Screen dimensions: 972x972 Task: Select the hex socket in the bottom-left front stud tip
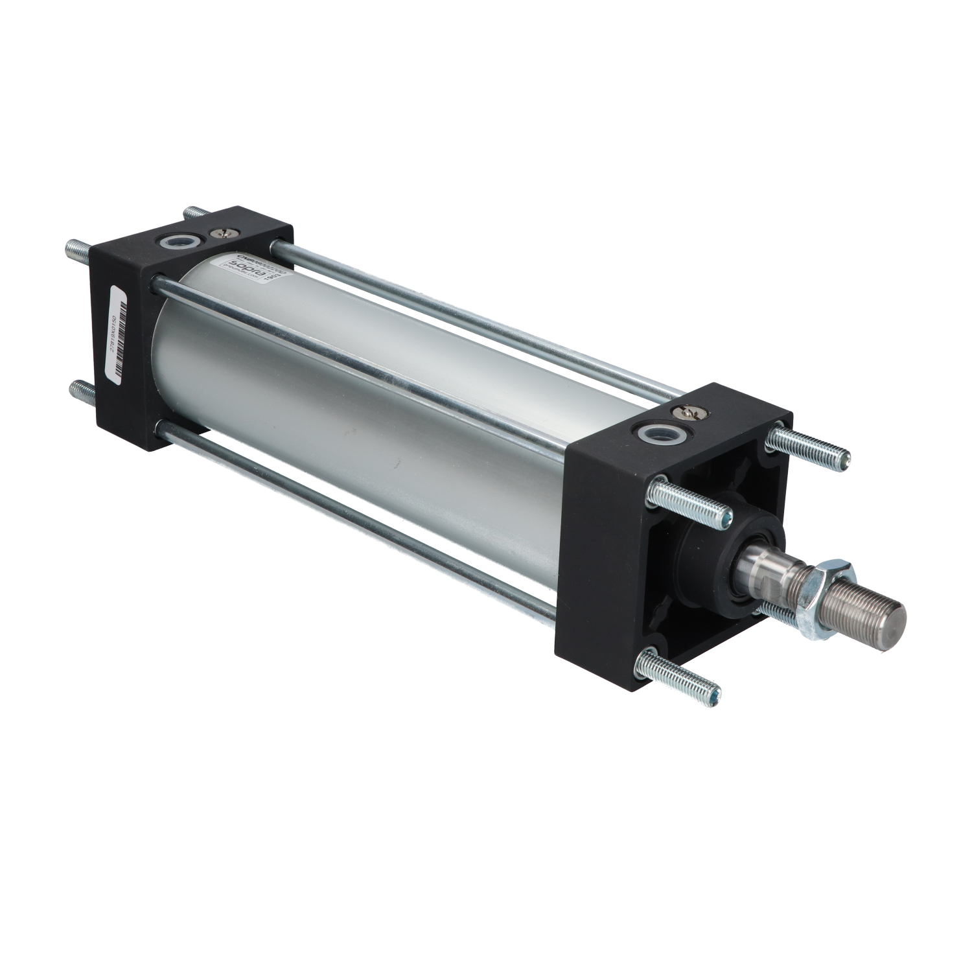[x=713, y=697]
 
